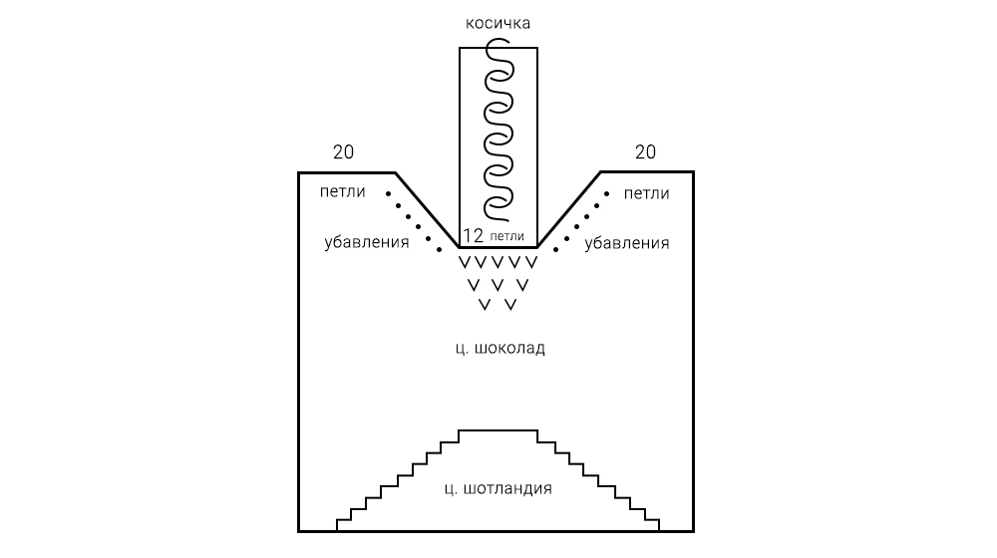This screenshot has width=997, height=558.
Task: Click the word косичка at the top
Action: (498, 23)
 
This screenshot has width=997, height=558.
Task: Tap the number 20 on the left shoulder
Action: (343, 152)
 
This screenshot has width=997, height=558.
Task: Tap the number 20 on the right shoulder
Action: (645, 152)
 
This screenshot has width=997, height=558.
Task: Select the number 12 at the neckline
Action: (474, 236)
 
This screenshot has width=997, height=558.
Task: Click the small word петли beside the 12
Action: (506, 237)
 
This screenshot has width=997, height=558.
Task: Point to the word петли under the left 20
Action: (343, 192)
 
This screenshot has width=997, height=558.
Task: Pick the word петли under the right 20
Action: (645, 192)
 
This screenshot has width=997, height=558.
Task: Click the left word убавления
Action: (367, 242)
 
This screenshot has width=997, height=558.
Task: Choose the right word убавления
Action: (626, 242)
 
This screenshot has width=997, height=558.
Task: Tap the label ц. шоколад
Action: (498, 350)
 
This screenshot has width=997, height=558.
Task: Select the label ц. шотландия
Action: (498, 489)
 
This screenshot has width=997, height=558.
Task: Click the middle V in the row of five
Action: (498, 263)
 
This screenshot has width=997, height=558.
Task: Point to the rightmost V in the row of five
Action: (531, 263)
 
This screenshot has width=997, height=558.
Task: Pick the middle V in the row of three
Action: (498, 285)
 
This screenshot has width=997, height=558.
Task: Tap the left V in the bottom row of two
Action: (485, 304)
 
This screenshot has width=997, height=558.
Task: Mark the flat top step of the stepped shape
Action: (498, 430)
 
